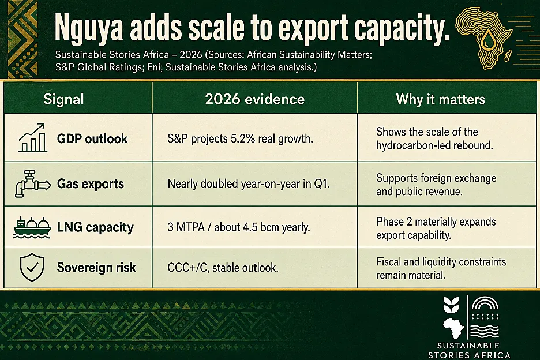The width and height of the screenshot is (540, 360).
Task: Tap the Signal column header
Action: click(x=63, y=99)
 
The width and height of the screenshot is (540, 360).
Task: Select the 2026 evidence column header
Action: click(x=255, y=99)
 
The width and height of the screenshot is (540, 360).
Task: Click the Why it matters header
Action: click(x=440, y=99)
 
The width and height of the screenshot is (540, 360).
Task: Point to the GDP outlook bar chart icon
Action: click(x=32, y=138)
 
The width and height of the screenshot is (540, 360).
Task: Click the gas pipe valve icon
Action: click(x=33, y=183)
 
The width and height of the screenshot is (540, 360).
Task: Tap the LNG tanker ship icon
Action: click(x=32, y=227)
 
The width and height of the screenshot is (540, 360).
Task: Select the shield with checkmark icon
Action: click(x=32, y=267)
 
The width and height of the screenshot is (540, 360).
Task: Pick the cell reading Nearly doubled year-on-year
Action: click(x=248, y=184)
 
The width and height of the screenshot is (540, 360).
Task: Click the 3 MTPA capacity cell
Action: click(x=239, y=227)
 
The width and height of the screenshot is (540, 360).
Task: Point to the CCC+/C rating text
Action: click(x=188, y=268)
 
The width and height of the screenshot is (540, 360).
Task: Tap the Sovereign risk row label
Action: click(x=96, y=267)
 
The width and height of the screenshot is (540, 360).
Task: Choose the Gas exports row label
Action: click(x=90, y=184)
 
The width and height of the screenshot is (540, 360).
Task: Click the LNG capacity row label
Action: click(x=95, y=227)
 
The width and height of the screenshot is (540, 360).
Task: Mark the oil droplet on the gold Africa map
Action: click(x=487, y=39)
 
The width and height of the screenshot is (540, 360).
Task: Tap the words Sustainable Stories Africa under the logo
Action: click(x=469, y=350)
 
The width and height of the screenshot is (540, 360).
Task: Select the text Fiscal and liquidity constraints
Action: click(x=441, y=262)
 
